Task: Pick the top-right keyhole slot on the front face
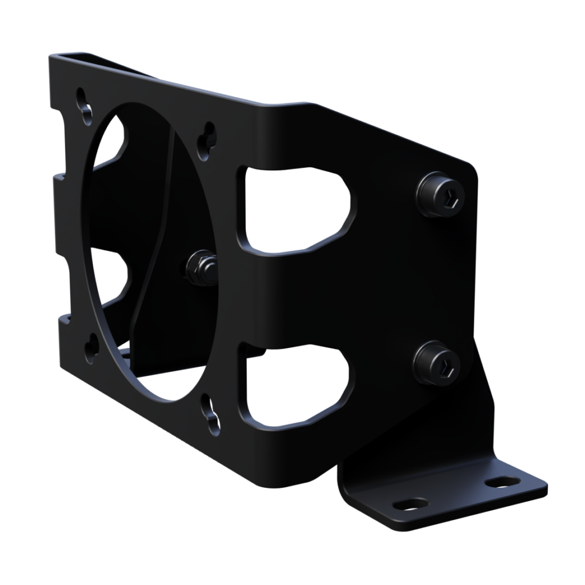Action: (206, 140)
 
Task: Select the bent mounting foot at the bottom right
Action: (446, 491)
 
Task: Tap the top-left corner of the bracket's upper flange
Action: (55, 58)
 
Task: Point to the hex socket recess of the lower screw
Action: (447, 364)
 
